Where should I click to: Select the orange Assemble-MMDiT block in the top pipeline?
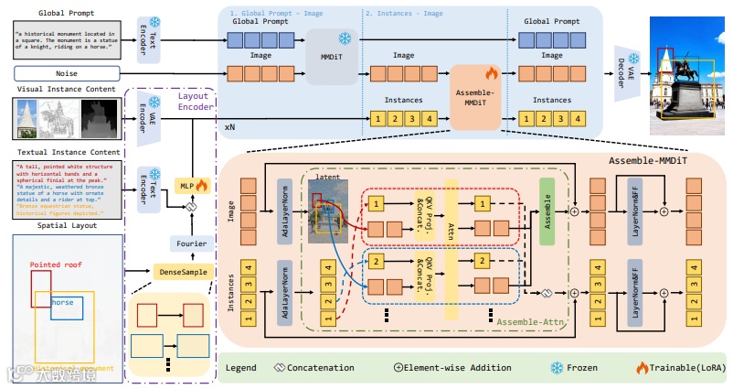click(x=473, y=98)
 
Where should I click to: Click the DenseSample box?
click(x=181, y=271)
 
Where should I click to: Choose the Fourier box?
click(x=192, y=243)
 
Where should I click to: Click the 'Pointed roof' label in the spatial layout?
click(x=58, y=265)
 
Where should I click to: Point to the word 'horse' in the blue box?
click(x=63, y=301)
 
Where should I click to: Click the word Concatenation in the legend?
click(x=320, y=368)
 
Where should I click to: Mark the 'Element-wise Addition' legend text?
click(x=451, y=368)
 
